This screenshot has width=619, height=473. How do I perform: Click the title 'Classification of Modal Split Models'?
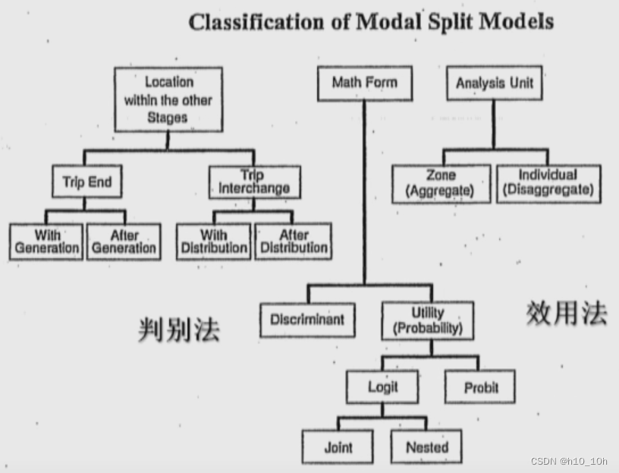(x=371, y=21)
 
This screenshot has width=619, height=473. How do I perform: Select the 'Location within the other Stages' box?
(x=168, y=99)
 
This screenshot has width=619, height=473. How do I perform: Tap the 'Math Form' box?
(x=364, y=83)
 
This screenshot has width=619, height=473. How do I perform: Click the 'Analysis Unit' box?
(x=495, y=84)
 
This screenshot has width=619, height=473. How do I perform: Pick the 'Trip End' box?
(x=87, y=183)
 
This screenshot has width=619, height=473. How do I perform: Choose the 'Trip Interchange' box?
(x=253, y=183)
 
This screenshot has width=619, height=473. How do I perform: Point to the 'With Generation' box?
(x=46, y=242)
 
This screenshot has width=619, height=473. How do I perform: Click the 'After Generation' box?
(x=124, y=242)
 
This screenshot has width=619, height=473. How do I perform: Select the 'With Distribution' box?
(x=214, y=242)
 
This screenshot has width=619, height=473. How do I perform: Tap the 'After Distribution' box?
(x=293, y=242)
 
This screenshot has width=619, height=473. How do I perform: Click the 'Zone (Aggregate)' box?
(x=441, y=184)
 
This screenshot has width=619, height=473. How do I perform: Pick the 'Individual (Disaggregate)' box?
(x=548, y=184)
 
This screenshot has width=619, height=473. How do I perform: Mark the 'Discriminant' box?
(x=306, y=320)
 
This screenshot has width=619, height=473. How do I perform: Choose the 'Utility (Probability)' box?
(x=427, y=320)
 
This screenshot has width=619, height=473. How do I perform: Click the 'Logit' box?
(x=382, y=387)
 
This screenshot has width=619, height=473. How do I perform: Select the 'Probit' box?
(x=481, y=387)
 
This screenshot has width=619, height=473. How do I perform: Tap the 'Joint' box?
(x=338, y=447)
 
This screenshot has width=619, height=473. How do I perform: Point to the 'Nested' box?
(x=426, y=447)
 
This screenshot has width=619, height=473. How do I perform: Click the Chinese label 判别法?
(x=179, y=328)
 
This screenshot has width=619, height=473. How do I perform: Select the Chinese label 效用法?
(x=566, y=312)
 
